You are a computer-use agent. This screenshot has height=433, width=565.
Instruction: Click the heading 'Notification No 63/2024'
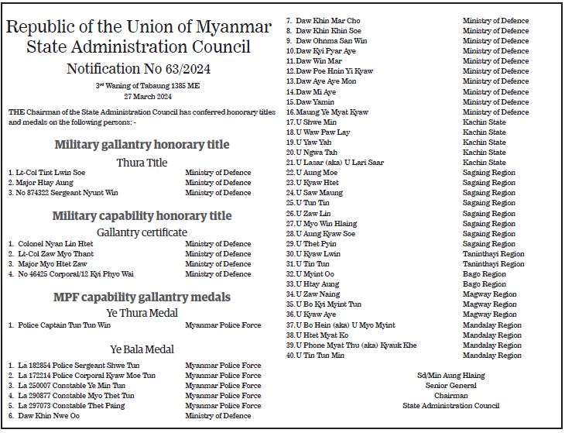point(138,69)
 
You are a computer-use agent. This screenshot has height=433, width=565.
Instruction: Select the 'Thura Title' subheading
point(142,163)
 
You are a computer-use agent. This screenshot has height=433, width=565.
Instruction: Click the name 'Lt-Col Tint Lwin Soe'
point(51,173)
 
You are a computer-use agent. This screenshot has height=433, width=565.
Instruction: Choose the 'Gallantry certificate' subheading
point(142,232)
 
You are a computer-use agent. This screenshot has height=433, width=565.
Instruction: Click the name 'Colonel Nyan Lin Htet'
point(55,243)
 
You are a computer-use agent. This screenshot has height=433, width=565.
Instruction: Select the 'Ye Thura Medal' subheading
point(142,313)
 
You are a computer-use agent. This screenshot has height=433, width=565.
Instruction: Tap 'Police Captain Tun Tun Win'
point(64,325)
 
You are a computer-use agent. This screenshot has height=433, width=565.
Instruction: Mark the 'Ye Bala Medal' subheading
point(142,349)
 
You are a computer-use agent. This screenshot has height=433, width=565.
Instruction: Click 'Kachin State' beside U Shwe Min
point(484,122)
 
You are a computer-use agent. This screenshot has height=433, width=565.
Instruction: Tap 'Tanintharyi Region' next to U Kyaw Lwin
point(493,253)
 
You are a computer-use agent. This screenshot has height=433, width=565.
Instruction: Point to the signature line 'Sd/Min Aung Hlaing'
point(450,375)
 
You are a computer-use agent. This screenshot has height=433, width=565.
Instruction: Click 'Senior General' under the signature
point(450,385)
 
